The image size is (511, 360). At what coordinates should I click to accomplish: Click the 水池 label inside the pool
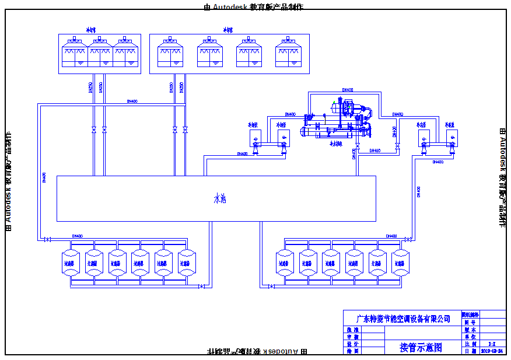[x=219, y=199]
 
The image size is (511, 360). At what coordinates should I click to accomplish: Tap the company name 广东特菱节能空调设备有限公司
[x=403, y=319]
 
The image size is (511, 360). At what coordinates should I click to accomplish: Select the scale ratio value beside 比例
[x=492, y=344]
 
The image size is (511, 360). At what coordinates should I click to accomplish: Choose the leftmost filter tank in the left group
[x=71, y=263]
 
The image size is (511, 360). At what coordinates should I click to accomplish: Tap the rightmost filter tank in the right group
[x=400, y=263]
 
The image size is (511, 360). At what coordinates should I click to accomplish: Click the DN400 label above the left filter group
[x=78, y=236]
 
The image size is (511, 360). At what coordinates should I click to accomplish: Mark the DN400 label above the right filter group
[x=391, y=236]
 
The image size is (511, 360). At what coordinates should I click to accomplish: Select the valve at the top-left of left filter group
[x=48, y=239]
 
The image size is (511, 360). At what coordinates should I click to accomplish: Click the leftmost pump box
[x=255, y=138]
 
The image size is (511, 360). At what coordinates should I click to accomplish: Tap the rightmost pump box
[x=452, y=138]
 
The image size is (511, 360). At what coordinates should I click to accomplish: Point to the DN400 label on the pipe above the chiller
[x=346, y=90]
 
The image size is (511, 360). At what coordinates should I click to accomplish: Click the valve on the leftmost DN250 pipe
[x=94, y=130]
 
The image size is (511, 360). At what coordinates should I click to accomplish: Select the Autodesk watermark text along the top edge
[x=254, y=6]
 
